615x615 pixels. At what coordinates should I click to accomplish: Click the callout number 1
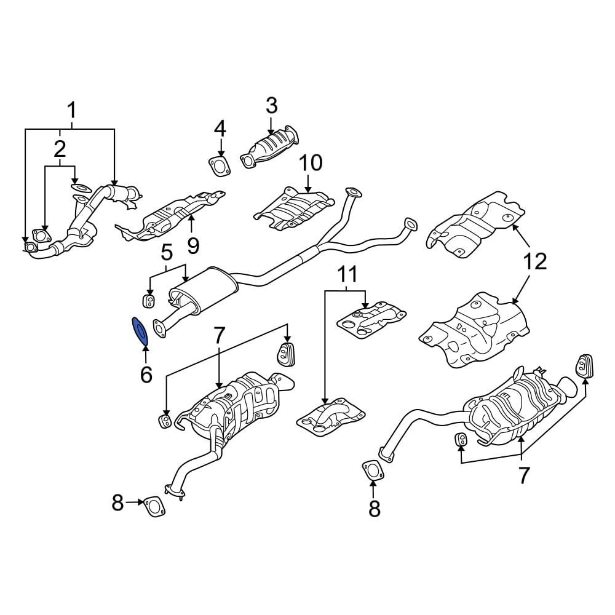(x=71, y=111)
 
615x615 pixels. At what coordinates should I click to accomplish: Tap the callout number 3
(x=271, y=106)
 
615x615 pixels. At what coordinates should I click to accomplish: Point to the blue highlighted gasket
(x=140, y=330)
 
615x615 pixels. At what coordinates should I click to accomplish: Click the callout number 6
(x=146, y=374)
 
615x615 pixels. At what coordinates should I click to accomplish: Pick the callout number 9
(x=193, y=246)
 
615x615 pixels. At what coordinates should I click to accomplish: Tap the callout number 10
(x=311, y=163)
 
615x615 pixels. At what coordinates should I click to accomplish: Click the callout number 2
(x=60, y=148)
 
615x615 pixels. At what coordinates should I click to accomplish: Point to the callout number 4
(x=220, y=129)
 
